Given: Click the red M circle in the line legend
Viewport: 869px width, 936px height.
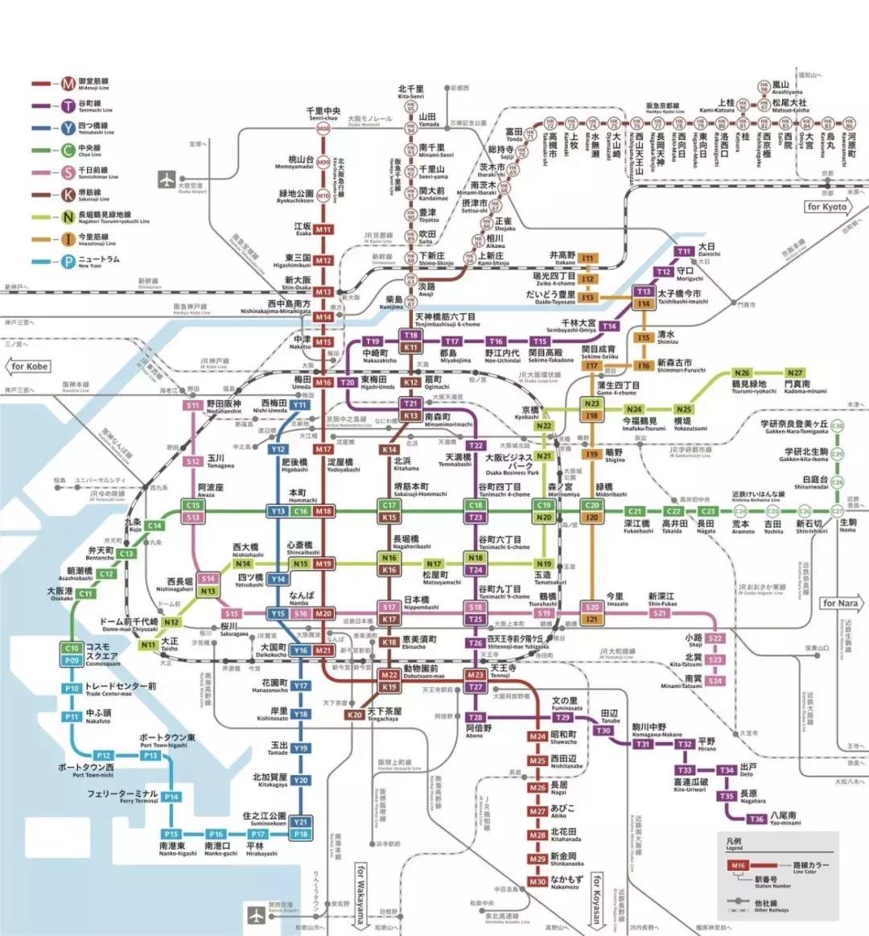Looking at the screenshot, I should [69, 84].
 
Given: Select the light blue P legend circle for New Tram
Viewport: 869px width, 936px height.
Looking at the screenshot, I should [69, 261].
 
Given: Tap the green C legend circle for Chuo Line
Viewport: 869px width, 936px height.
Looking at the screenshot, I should [69, 150].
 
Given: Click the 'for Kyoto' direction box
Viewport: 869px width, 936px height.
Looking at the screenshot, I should [826, 207].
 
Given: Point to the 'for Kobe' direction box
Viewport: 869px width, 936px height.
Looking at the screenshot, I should [30, 366].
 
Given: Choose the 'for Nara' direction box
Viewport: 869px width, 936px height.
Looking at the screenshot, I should [840, 603].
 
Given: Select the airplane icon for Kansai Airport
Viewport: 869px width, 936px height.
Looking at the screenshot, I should [257, 914].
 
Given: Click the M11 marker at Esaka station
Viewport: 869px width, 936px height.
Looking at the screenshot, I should [323, 229].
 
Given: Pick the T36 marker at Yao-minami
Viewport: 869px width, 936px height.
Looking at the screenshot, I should [756, 819].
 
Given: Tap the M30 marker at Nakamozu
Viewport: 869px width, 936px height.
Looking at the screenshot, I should [537, 882].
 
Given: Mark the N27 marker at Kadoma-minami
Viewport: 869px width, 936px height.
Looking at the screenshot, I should [795, 373].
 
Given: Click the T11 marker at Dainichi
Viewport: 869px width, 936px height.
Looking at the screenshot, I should [684, 251].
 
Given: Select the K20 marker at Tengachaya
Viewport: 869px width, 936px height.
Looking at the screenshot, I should [355, 715].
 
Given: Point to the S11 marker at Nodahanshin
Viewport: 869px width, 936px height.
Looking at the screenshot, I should [192, 406].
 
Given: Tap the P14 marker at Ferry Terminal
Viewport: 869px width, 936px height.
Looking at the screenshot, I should [171, 797].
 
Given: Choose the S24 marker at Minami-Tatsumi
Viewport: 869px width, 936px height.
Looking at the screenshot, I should [715, 681].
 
